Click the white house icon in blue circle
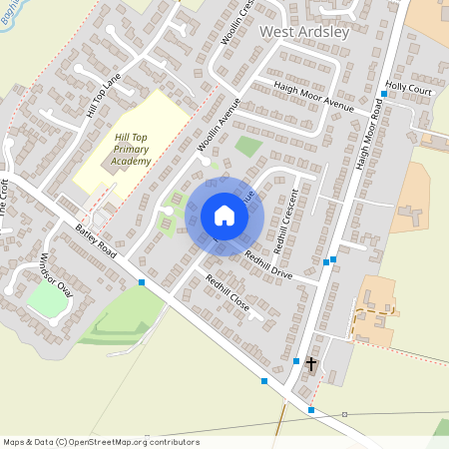coord(224,216)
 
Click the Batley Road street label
coord(96,242)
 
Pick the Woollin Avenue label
coord(220,125)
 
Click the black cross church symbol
coord(310,364)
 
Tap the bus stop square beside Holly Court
coord(383,95)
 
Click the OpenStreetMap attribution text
coord(101,442)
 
